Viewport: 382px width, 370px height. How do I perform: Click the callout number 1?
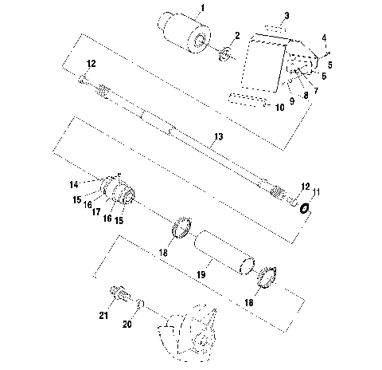[x=202, y=7]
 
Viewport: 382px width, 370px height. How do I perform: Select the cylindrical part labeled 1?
[x=185, y=33]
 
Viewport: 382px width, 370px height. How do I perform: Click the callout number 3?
[x=265, y=15]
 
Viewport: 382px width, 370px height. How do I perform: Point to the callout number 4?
[x=324, y=37]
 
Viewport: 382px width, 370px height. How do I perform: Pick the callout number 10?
[x=279, y=106]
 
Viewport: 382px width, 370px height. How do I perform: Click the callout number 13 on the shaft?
[x=218, y=138]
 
